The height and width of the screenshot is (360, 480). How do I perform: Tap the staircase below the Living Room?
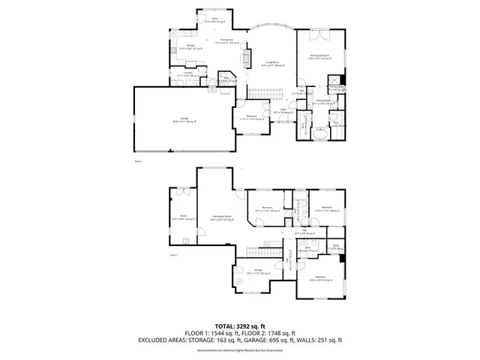click(x=259, y=92)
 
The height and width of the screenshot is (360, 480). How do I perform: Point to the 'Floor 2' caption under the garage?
click(x=137, y=160)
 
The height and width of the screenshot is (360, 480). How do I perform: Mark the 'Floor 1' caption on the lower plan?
click(x=173, y=256)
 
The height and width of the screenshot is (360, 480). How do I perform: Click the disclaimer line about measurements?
click(x=240, y=349)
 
